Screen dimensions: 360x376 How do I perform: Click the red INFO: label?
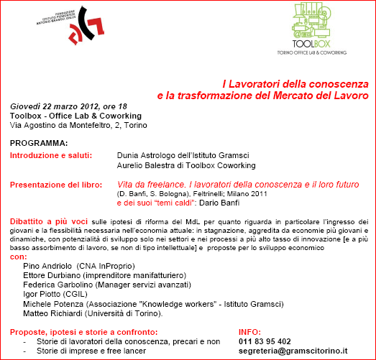249,332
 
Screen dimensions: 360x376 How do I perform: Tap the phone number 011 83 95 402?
265,341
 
